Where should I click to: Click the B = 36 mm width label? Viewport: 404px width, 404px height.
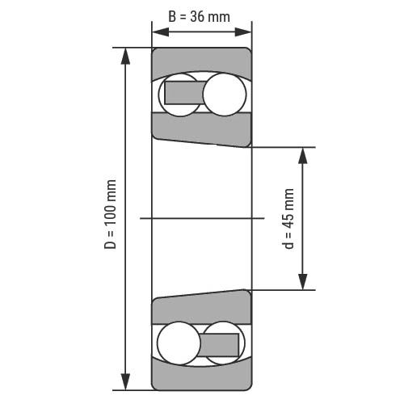point(199,17)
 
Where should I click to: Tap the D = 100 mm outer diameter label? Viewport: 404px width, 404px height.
point(111,214)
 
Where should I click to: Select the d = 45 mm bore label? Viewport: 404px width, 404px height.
point(288,219)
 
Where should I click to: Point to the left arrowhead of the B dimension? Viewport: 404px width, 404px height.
point(161,32)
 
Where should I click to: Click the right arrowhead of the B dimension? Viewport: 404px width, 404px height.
point(243,32)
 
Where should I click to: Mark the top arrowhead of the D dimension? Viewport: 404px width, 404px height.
point(125,56)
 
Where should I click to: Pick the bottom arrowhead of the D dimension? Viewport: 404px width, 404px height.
point(125,381)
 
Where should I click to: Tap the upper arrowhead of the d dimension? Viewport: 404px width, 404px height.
point(303,156)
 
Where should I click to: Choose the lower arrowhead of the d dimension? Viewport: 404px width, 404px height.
point(303,282)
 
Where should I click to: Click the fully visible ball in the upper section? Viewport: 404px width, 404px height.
point(225,95)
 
